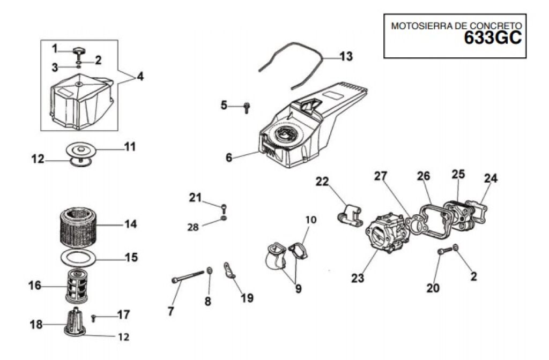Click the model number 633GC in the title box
point(493,38)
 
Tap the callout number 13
point(346,56)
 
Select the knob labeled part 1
point(79,52)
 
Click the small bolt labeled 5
point(247,108)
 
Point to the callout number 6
point(228,157)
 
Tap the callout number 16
point(35,286)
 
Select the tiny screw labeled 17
point(93,318)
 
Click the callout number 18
point(36,324)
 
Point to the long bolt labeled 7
point(188,276)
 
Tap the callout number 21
point(195,198)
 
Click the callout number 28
point(193,227)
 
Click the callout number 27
point(381,176)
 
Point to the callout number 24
point(491,178)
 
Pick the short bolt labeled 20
point(444,251)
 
